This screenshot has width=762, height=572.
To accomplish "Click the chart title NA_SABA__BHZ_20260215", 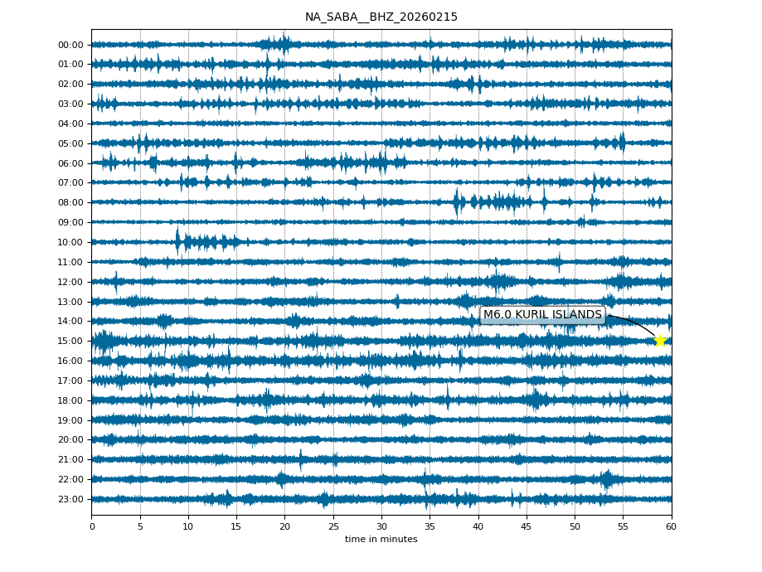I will click(x=381, y=17).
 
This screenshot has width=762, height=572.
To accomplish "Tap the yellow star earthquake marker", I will click(x=660, y=341).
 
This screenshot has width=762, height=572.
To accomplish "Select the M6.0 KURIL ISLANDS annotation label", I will click(x=542, y=315).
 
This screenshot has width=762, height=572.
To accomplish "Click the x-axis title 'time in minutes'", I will click(x=381, y=540).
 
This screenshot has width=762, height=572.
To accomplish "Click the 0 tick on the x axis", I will click(x=92, y=526).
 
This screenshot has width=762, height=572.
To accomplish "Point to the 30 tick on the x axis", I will click(x=381, y=526).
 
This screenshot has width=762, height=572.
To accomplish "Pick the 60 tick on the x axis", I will click(x=671, y=526).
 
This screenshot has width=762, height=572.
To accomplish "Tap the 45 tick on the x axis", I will click(x=527, y=526).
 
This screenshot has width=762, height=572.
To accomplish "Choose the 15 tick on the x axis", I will click(x=236, y=526).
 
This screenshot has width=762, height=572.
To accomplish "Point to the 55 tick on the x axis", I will click(x=623, y=526).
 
